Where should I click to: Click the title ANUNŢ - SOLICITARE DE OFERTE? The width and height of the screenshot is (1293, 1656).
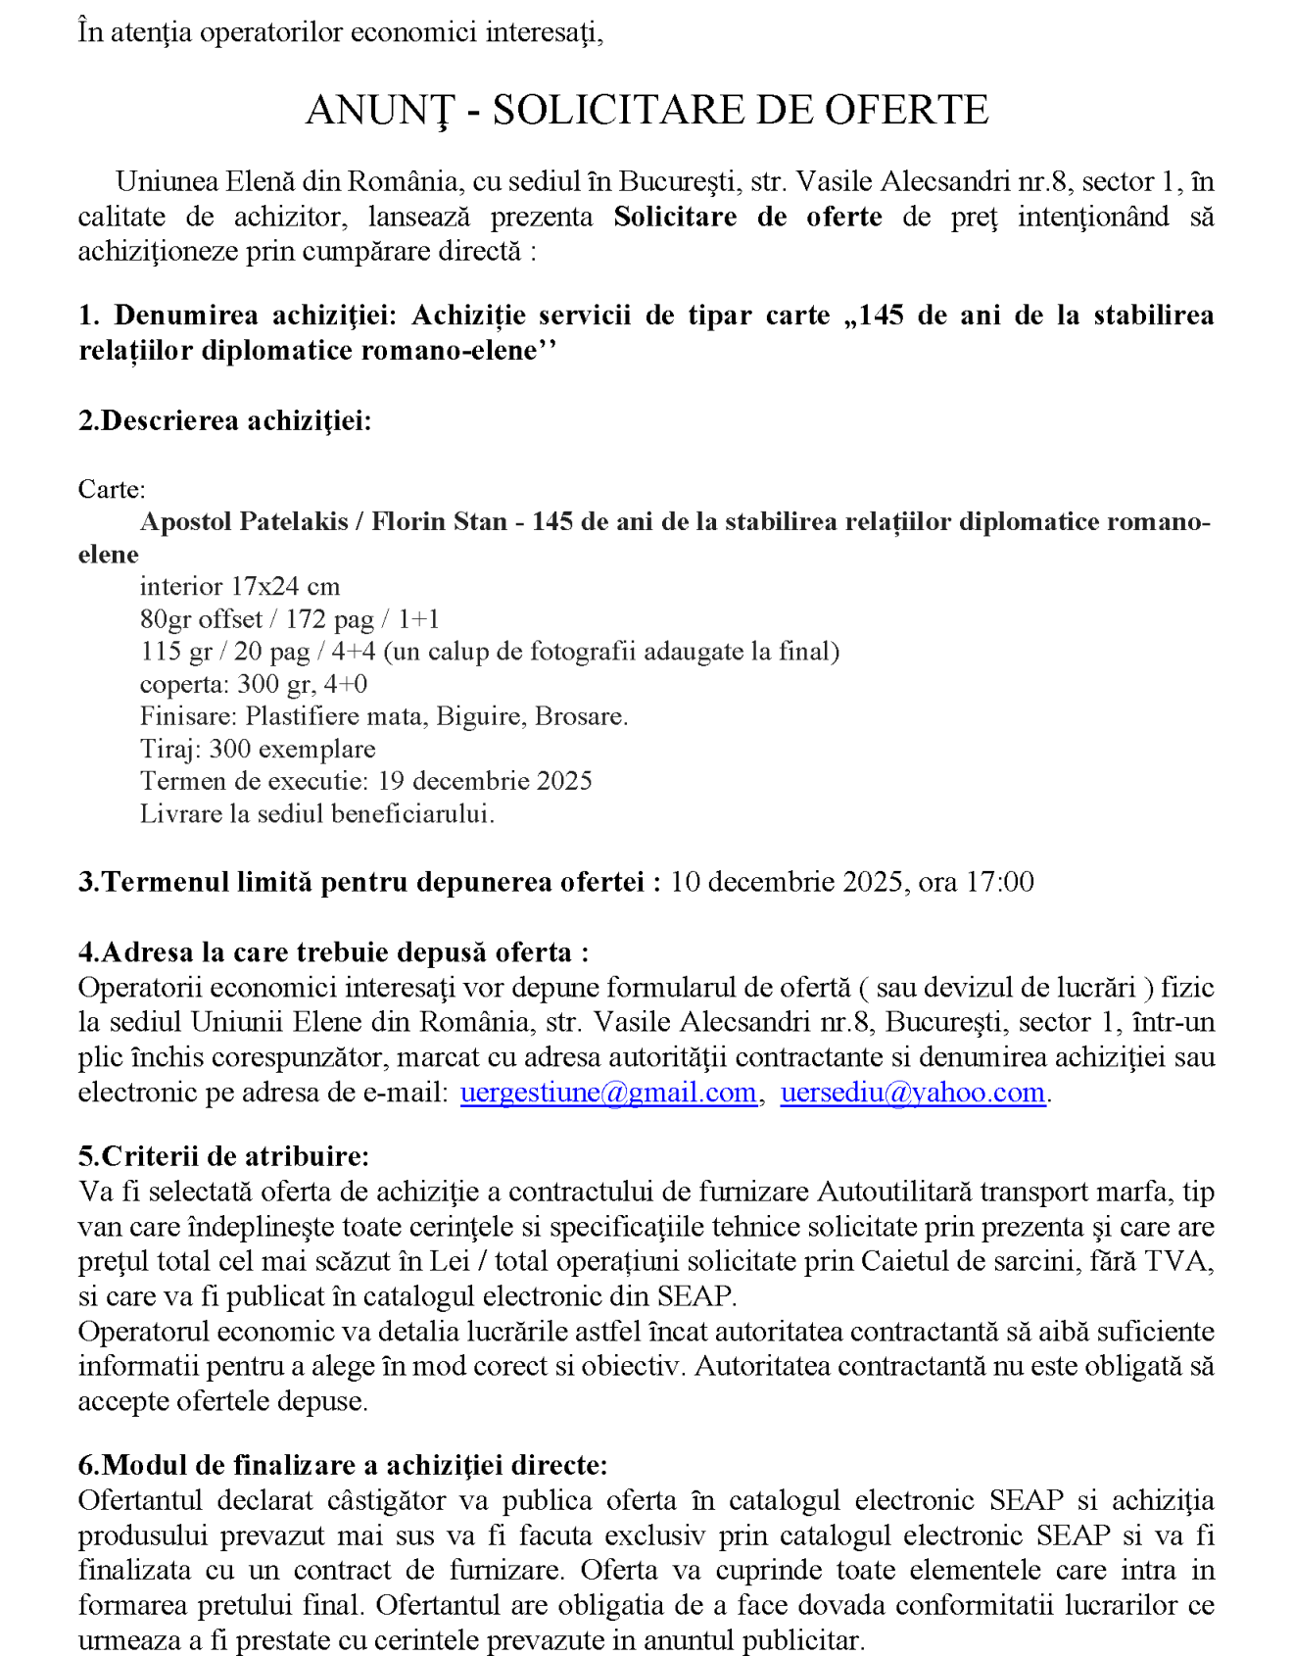coord(646,110)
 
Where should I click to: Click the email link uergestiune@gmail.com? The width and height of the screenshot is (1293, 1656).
coord(608,1093)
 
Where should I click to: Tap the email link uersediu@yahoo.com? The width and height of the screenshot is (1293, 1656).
coord(913,1093)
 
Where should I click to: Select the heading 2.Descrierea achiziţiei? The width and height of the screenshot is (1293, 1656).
coord(225,420)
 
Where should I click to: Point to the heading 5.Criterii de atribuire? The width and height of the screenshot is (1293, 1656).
coord(223,1156)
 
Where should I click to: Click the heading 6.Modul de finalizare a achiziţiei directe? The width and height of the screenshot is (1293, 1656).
coord(343,1465)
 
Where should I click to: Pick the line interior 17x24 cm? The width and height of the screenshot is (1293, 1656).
coord(240,587)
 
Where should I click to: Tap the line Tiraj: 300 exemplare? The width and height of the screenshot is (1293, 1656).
coord(258,750)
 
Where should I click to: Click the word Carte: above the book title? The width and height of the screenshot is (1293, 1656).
coord(112,490)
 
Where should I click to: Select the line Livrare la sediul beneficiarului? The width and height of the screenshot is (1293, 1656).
coord(316,814)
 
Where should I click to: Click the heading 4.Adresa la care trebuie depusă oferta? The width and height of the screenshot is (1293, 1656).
coord(333,952)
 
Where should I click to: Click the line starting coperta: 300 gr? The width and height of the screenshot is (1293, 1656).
coord(254,684)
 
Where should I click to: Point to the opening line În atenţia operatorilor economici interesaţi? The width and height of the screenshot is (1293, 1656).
coord(341,32)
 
